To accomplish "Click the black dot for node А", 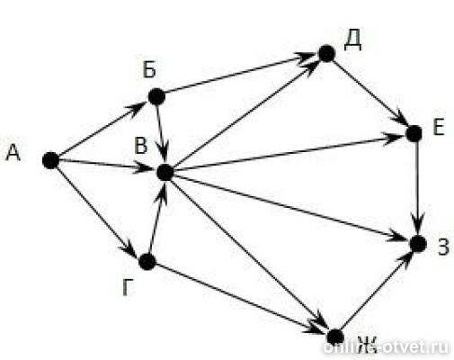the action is [50, 160].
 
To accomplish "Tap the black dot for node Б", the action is [156, 96].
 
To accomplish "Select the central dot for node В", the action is [165, 173].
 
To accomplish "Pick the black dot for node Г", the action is [147, 262].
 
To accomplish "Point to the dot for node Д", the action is [326, 54].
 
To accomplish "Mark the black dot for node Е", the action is [414, 134].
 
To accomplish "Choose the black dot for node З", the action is [418, 244].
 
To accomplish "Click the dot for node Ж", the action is [335, 337].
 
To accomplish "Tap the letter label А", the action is [13, 152].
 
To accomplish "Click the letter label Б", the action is [149, 70].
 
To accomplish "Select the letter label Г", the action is [128, 287].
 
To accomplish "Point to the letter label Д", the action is [352, 42].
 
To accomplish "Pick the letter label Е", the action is [439, 127].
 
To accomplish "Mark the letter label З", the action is [444, 247].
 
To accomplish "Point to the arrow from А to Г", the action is [97, 210].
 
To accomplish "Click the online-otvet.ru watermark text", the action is [386, 347].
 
